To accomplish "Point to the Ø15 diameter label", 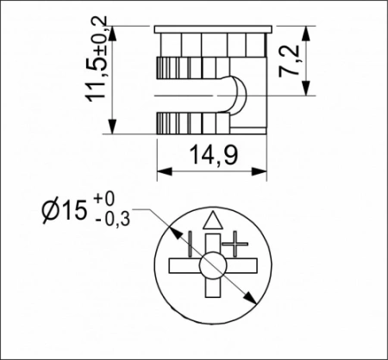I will tap(62, 210).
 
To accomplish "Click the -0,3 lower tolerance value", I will tap(112, 220).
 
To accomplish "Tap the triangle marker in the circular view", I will tap(212, 218).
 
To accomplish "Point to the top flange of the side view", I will tap(211, 30).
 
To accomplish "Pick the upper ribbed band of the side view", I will tap(185, 68).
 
